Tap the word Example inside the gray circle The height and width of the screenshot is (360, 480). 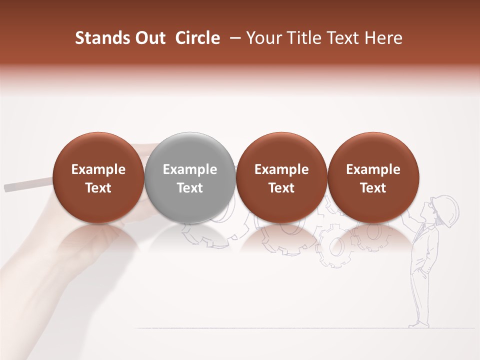point(190,170)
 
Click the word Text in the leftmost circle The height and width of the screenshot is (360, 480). point(98,188)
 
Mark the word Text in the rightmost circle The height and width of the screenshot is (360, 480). point(373,188)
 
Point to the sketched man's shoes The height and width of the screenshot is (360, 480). point(419,324)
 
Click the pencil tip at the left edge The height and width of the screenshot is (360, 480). point(7,188)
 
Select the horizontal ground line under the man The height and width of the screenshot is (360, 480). point(300,328)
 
